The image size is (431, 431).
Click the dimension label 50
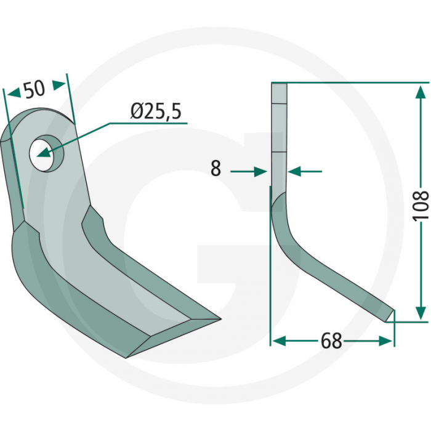pyautogui.click(x=34, y=89)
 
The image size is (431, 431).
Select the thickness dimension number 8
pyautogui.click(x=216, y=169)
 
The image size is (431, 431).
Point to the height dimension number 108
pyautogui.click(x=421, y=206)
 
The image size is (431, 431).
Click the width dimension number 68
pyautogui.click(x=331, y=341)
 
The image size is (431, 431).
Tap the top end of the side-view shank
pyautogui.click(x=279, y=86)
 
